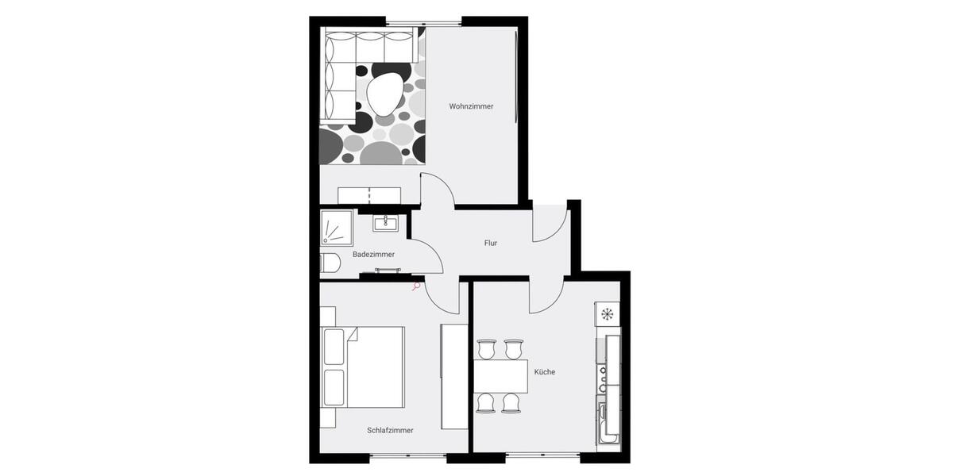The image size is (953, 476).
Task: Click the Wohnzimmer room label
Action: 471,106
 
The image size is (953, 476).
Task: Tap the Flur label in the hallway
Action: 491,243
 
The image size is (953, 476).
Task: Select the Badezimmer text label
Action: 373,254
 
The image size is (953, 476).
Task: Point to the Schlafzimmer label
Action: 390,430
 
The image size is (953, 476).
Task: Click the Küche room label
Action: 544,371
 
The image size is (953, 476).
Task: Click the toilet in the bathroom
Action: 330,263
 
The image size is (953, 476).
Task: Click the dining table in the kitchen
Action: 500,376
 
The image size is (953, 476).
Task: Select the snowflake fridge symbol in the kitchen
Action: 608,314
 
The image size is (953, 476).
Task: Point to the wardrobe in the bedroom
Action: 453,377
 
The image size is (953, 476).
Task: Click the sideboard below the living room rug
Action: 369,195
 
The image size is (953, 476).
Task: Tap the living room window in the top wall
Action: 422,21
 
